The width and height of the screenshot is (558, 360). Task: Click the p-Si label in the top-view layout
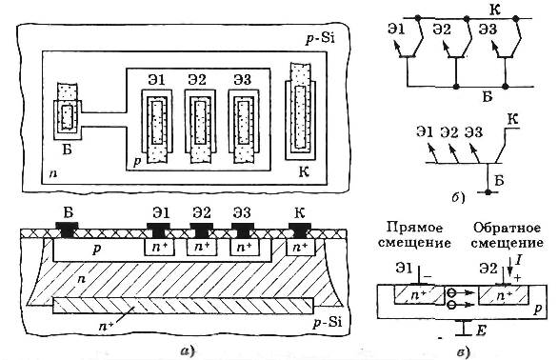tap(320, 38)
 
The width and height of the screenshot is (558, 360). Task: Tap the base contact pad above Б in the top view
tap(68, 111)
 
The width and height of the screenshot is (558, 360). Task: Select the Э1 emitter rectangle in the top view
tap(156, 126)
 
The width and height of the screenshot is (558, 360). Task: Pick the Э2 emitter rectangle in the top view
tap(200, 126)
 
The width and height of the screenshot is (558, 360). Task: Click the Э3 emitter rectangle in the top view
tap(244, 126)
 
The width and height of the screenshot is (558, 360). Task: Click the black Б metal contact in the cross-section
tap(67, 230)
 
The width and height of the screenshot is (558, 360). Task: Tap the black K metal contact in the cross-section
tap(300, 230)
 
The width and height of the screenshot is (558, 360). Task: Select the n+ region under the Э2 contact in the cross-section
tap(202, 247)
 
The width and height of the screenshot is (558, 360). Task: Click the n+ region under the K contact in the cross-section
tap(301, 247)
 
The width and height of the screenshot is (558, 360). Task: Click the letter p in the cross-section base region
tap(96, 249)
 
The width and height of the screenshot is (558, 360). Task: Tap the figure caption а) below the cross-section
tap(188, 351)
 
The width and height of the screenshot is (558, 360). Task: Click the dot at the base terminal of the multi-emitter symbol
tap(488, 192)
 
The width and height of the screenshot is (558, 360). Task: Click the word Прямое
tap(414, 228)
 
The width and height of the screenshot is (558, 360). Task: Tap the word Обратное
tap(507, 228)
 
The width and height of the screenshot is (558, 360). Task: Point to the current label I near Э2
tap(518, 262)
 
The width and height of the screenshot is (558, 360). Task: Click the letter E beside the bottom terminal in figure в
tap(481, 330)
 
